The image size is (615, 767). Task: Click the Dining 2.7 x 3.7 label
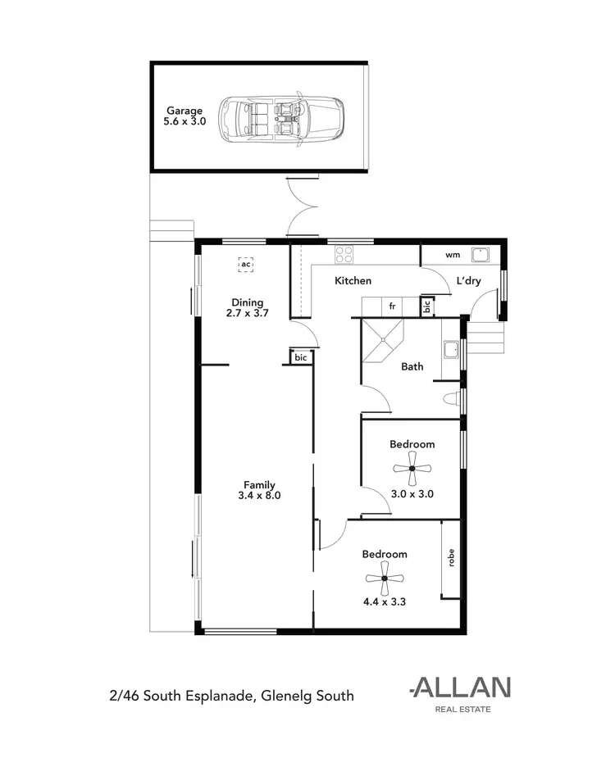click(x=247, y=307)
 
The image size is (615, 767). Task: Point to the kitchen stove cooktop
click(x=344, y=254)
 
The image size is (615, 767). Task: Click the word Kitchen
click(x=353, y=281)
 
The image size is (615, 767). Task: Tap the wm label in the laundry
click(x=452, y=255)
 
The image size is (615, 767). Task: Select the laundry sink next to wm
click(x=481, y=254)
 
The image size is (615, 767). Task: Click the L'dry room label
click(x=468, y=281)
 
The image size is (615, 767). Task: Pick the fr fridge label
click(x=392, y=306)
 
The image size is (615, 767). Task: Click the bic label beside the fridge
click(x=426, y=307)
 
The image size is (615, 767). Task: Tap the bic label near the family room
click(x=300, y=357)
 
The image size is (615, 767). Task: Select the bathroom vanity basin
click(x=449, y=351)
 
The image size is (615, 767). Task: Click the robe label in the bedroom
click(x=450, y=558)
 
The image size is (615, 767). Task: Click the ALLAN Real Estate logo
click(x=461, y=693)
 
